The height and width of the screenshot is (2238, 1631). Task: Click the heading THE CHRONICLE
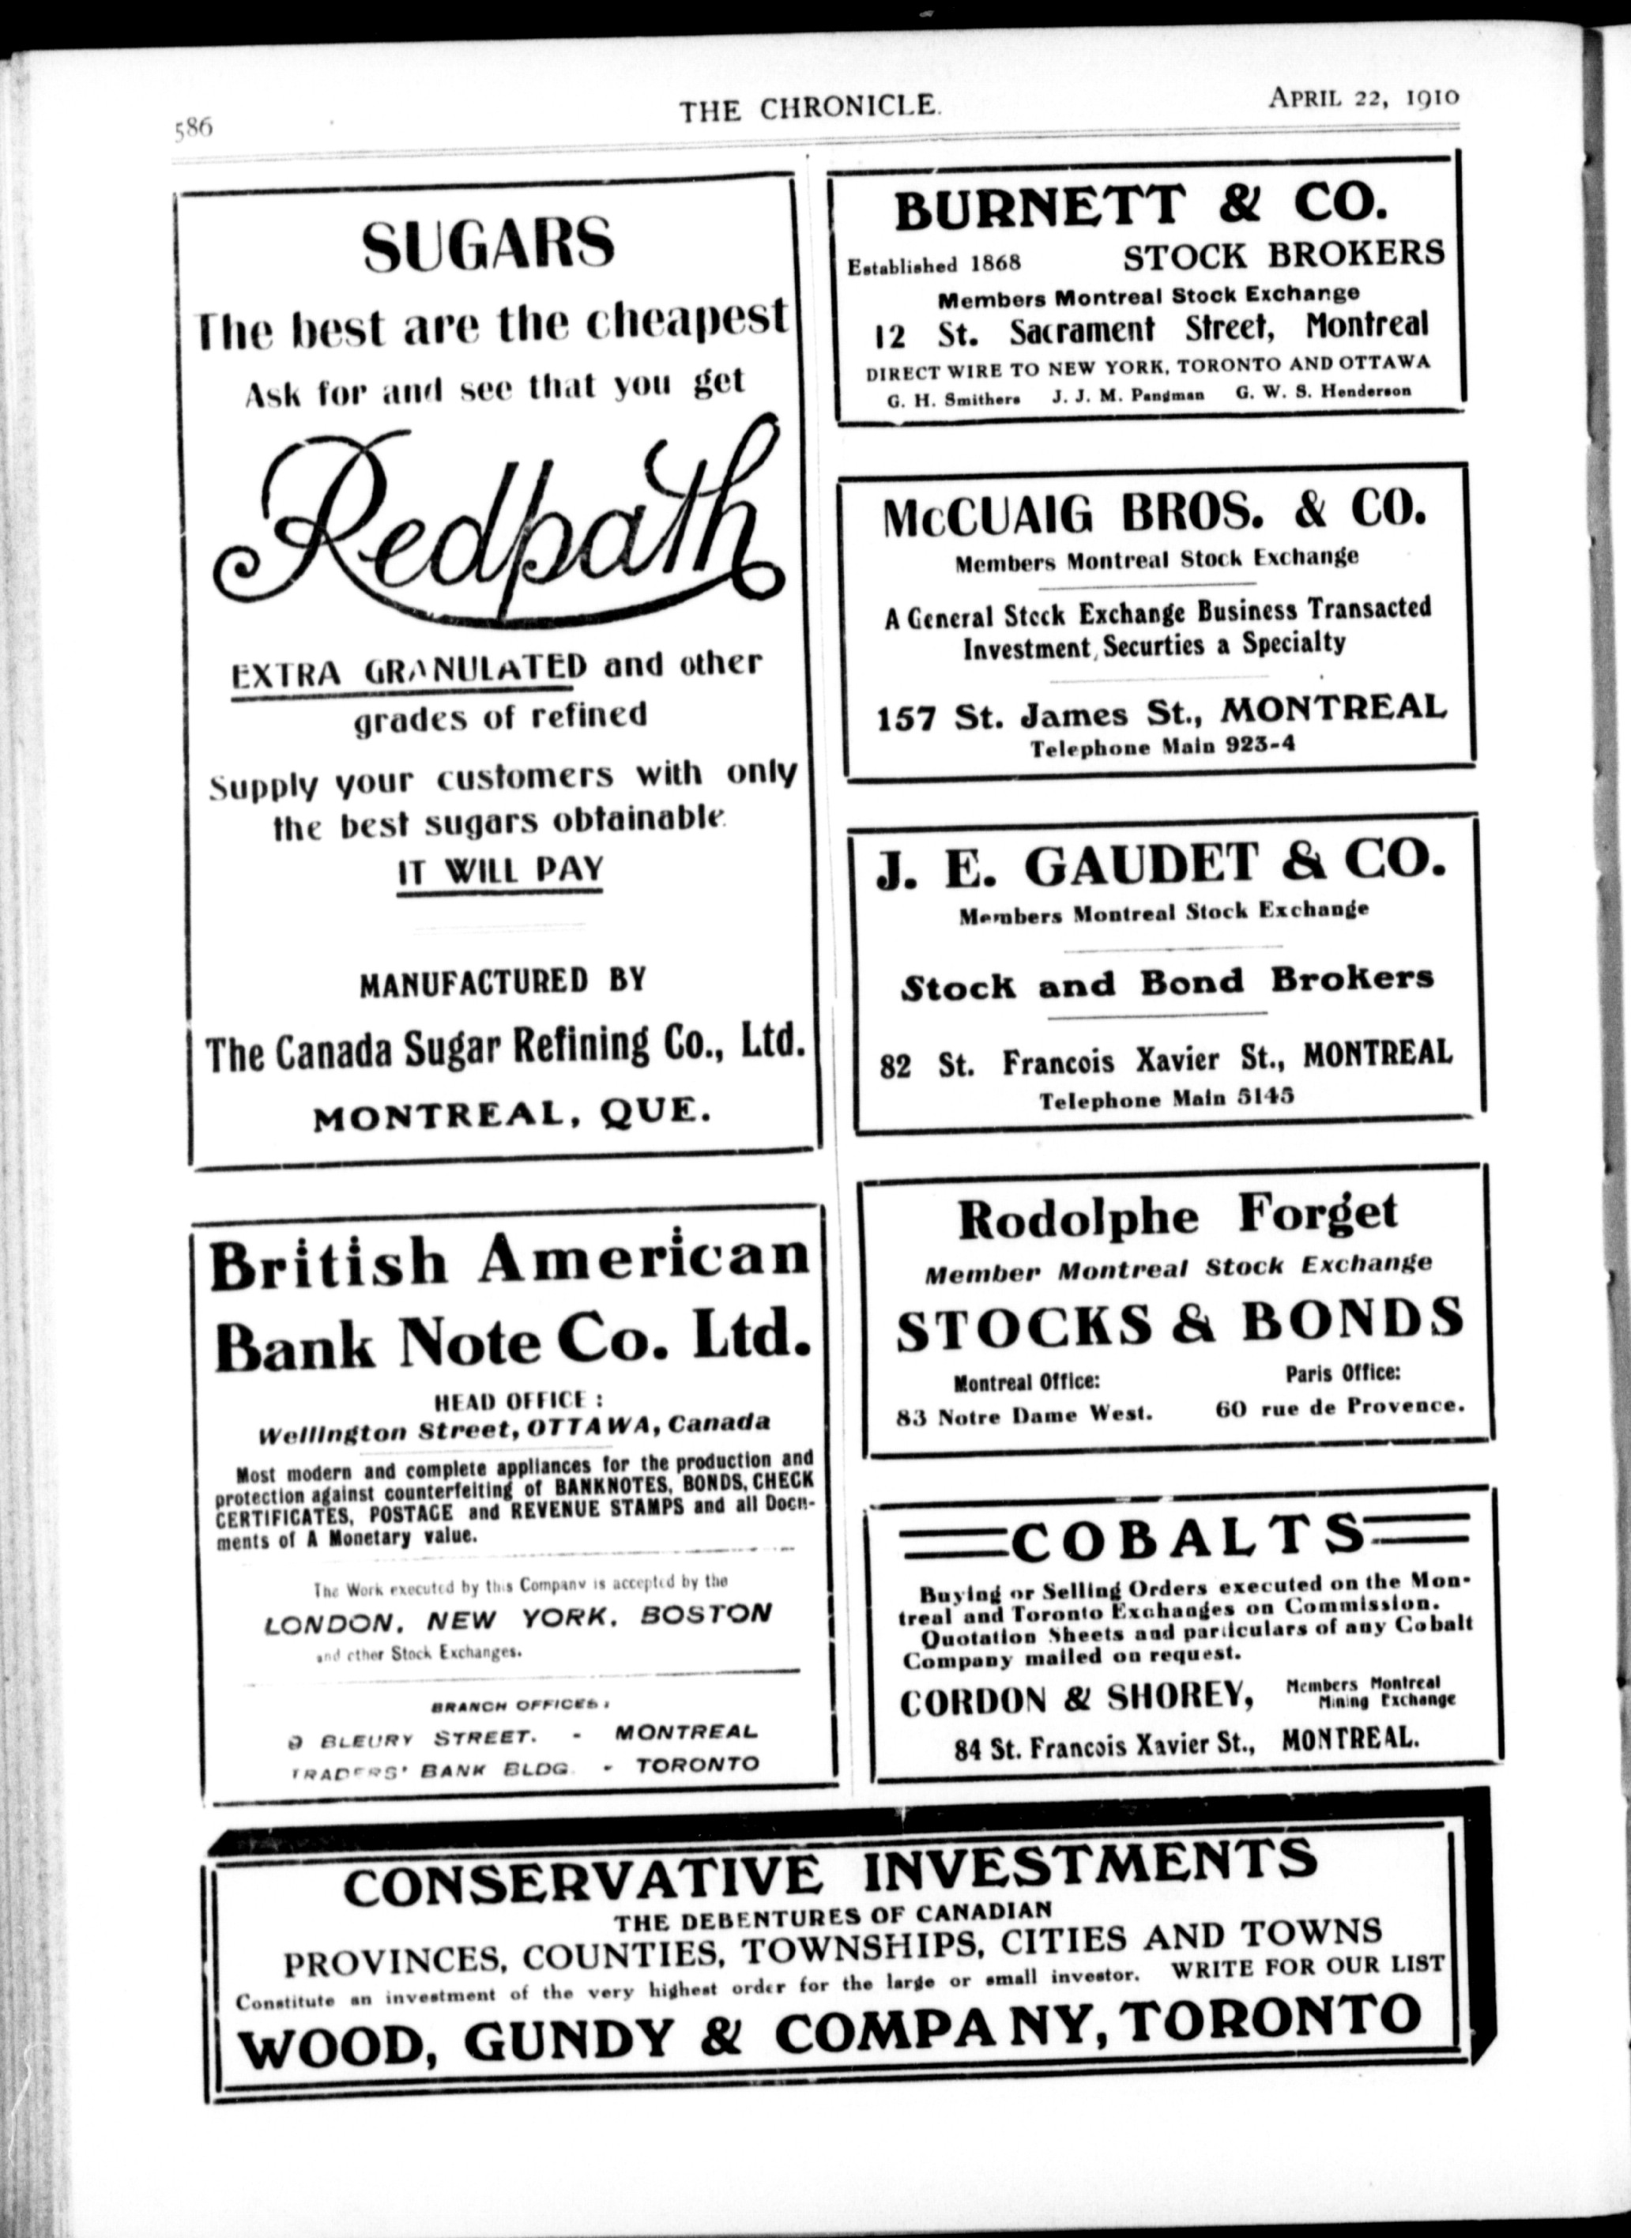tap(808, 107)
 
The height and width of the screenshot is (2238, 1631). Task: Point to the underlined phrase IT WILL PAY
tap(499, 871)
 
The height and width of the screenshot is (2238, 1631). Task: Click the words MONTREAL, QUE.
tap(511, 1114)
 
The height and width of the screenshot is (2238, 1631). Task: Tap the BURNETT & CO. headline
tap(1140, 205)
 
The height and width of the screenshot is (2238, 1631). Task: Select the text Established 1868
tap(933, 265)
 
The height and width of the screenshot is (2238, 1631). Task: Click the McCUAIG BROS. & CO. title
tap(1155, 514)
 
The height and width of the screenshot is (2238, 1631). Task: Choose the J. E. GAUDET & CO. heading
tap(1160, 864)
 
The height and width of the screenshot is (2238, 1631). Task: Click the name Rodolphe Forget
tap(1177, 1216)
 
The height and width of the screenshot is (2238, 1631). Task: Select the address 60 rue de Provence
tap(1339, 1406)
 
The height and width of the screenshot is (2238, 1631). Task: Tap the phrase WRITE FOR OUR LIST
tap(1307, 1965)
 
